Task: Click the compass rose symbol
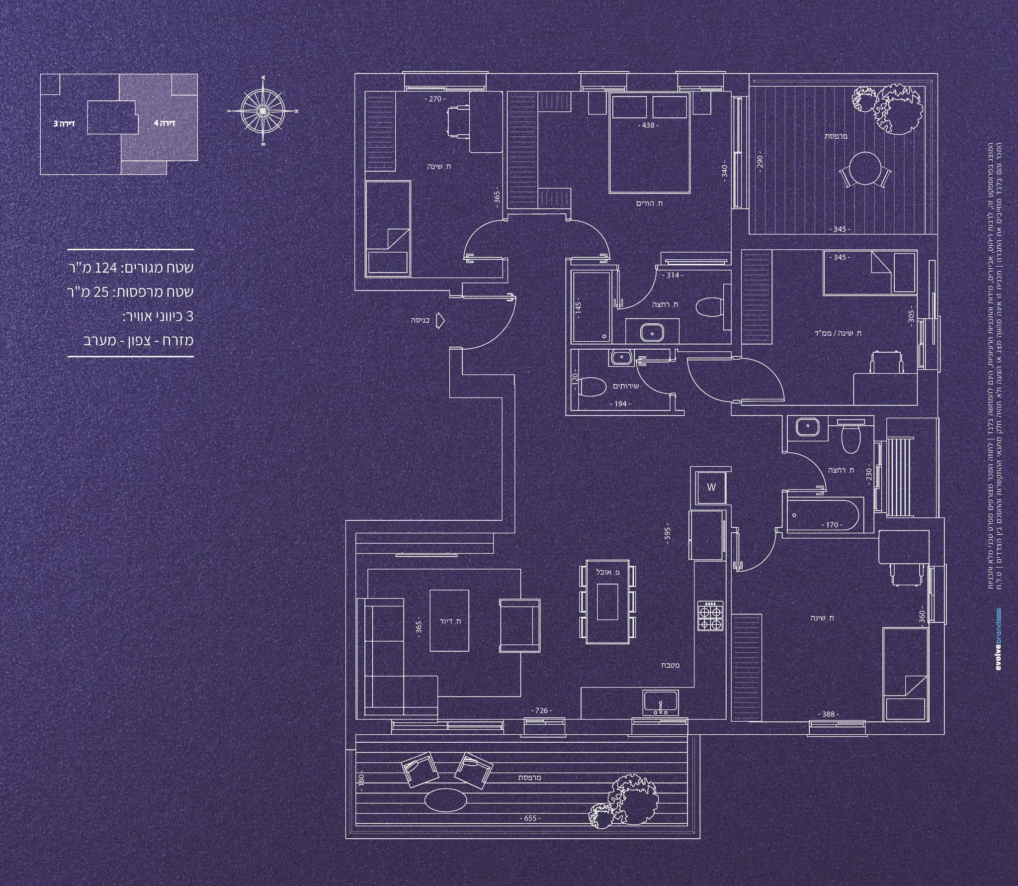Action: point(262,110)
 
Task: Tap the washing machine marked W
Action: point(711,488)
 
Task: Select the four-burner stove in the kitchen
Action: point(711,617)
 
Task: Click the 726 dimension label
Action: point(541,711)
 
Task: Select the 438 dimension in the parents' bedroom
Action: point(648,125)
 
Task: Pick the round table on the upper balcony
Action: point(864,168)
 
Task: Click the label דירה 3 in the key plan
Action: point(64,122)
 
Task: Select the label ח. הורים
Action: point(649,203)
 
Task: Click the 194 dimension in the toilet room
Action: point(620,404)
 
